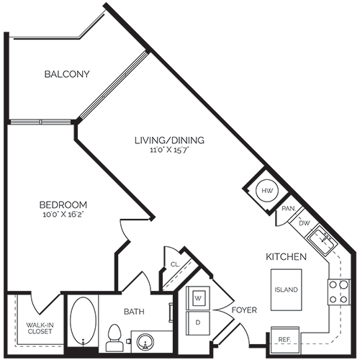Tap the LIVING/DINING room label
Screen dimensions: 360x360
pyautogui.click(x=170, y=140)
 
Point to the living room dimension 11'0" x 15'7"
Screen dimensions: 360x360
pyautogui.click(x=170, y=150)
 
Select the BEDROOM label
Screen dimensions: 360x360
pyautogui.click(x=63, y=204)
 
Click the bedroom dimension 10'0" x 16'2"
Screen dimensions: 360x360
pyautogui.click(x=63, y=215)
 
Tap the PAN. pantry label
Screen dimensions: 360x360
pyautogui.click(x=289, y=209)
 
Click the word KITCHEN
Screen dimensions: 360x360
pyautogui.click(x=287, y=256)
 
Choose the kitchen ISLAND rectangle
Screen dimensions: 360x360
pyautogui.click(x=286, y=290)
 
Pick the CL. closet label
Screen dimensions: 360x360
pyautogui.click(x=175, y=265)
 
